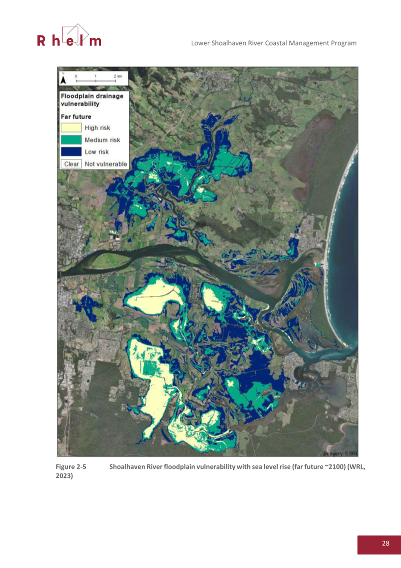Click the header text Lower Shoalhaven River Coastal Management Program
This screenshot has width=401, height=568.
(x=273, y=43)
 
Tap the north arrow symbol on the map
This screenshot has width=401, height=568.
(x=63, y=79)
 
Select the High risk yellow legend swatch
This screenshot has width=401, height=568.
(x=71, y=128)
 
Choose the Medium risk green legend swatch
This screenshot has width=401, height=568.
(x=71, y=140)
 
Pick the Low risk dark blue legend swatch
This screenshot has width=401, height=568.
(x=71, y=152)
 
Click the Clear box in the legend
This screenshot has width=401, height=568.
(x=71, y=164)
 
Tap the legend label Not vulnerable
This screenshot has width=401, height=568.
(x=106, y=164)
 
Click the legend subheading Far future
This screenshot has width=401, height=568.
(x=76, y=116)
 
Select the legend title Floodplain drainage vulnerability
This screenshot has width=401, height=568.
(x=92, y=100)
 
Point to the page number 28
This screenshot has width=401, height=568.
(x=385, y=543)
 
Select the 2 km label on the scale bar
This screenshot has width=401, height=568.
(x=117, y=76)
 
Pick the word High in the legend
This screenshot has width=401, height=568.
(x=91, y=128)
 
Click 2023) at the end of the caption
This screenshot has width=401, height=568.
(x=64, y=477)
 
